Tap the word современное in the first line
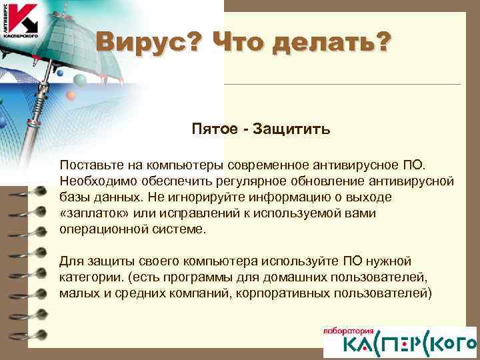click(265, 164)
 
